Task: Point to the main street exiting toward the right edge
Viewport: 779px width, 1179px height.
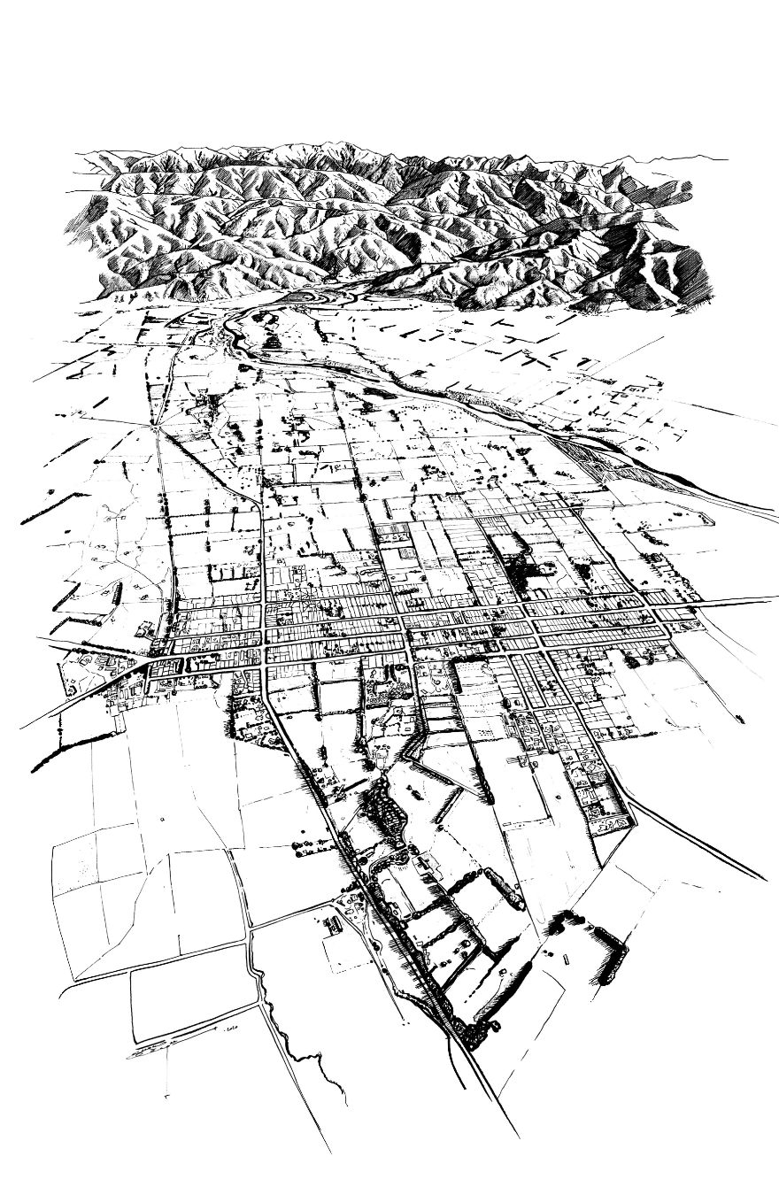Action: tap(726, 603)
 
